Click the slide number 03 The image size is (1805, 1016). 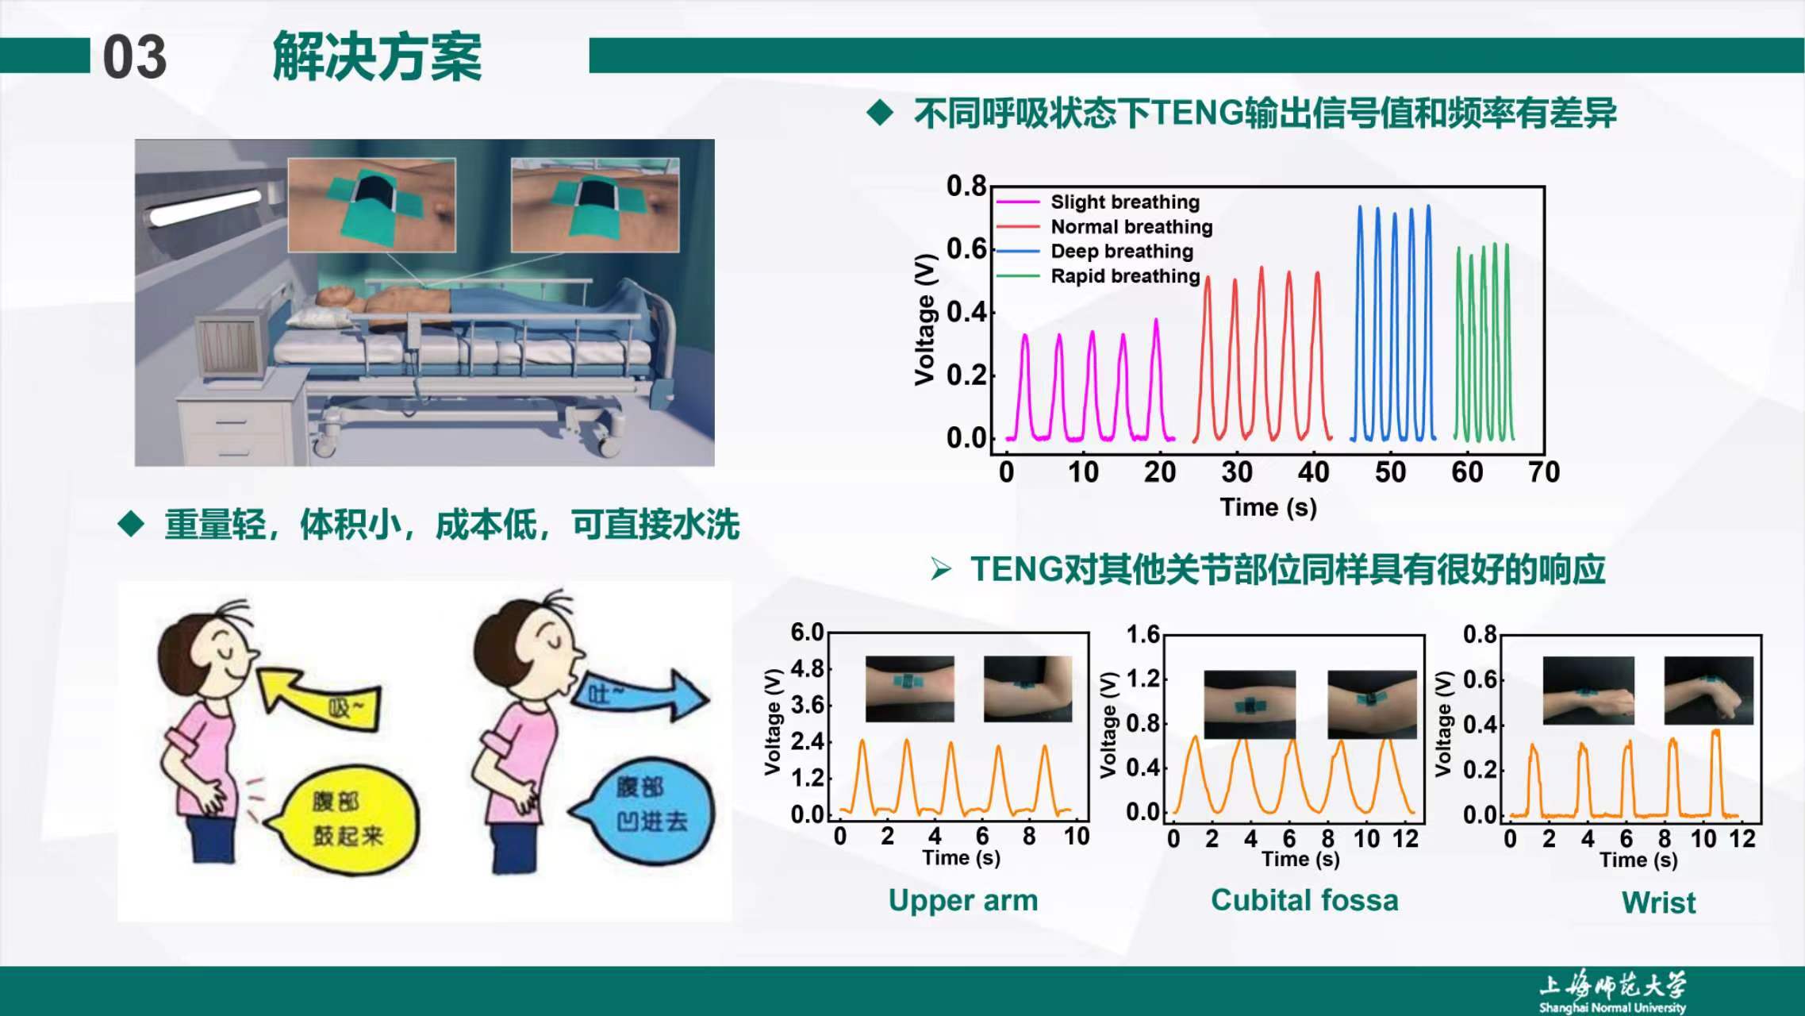click(134, 57)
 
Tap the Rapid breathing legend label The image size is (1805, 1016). click(1125, 275)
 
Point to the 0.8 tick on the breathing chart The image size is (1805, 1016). click(966, 186)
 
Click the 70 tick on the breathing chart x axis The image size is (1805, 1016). click(1543, 472)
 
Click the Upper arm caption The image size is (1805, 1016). click(962, 900)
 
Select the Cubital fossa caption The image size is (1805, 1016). click(1304, 900)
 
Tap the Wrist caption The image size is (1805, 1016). click(1658, 902)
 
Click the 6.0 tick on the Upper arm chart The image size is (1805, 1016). click(807, 633)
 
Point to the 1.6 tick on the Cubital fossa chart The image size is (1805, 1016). click(1143, 634)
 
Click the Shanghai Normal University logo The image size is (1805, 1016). click(1612, 992)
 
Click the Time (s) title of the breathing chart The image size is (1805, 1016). click(1268, 507)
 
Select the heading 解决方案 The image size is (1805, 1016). click(377, 57)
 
